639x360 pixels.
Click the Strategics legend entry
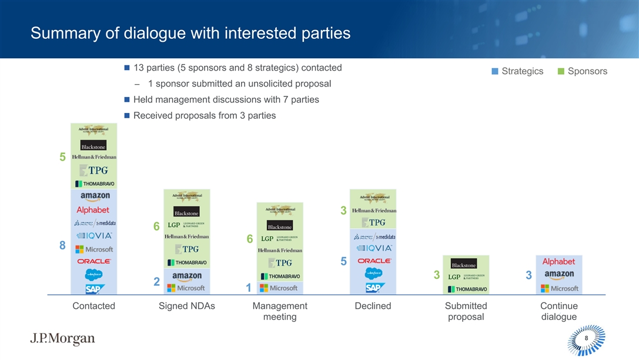(517, 71)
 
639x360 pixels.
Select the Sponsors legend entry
(582, 71)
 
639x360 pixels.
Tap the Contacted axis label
(93, 306)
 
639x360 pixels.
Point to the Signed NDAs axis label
(187, 306)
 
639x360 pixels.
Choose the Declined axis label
(373, 306)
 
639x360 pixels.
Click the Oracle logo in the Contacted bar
(93, 261)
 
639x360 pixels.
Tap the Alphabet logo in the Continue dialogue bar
(558, 261)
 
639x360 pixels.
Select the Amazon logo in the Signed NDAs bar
(187, 275)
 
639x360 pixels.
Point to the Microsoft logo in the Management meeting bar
(279, 288)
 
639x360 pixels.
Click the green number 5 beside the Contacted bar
(62, 158)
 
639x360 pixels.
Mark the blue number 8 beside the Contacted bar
(62, 246)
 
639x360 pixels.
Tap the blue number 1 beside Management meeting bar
(249, 288)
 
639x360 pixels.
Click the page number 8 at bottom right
(586, 338)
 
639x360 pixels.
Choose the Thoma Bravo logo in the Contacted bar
(93, 183)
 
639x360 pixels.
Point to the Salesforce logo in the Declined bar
(373, 274)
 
